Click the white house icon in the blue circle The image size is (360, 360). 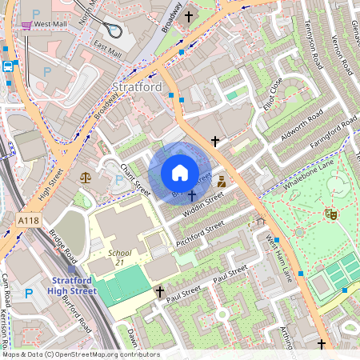click(180, 172)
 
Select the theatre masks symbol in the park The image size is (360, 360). click(330, 214)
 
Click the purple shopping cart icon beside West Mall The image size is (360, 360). click(26, 25)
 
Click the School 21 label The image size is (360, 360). click(108, 257)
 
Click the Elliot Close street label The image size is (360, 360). click(272, 93)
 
